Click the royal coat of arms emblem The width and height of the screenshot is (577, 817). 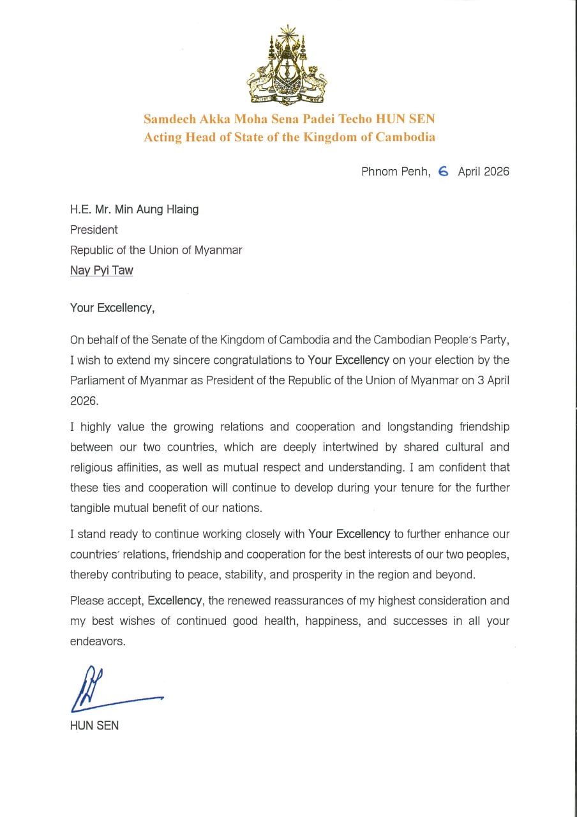(288, 66)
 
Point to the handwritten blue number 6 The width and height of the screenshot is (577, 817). (444, 171)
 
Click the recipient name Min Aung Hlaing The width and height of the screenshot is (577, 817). (156, 209)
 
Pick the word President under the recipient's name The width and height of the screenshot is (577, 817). (94, 230)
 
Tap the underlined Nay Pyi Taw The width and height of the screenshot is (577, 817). (101, 270)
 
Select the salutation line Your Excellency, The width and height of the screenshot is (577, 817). (112, 308)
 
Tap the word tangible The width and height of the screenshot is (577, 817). (90, 508)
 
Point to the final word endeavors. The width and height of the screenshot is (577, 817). (97, 641)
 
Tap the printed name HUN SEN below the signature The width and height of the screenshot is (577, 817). (94, 725)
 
